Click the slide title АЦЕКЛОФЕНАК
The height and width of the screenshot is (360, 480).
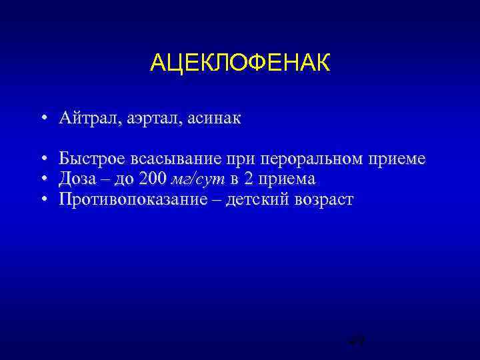click(240, 64)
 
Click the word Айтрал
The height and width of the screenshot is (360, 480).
click(87, 119)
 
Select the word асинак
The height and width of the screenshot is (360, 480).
click(213, 119)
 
